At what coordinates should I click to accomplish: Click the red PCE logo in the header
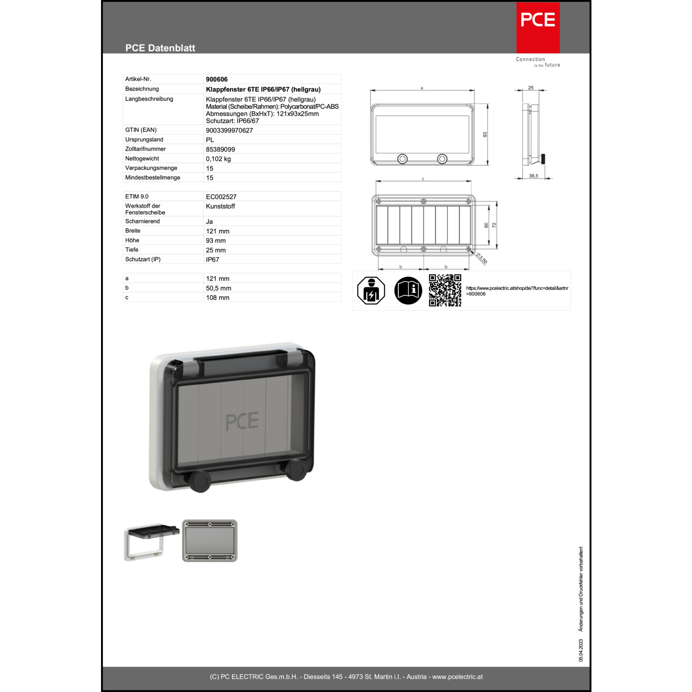(538, 28)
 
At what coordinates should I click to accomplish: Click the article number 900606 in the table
(217, 79)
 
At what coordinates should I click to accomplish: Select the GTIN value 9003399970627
(229, 131)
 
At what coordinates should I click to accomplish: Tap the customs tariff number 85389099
(221, 149)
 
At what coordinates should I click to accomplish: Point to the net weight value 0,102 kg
(218, 159)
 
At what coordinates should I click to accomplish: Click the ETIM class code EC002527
(221, 197)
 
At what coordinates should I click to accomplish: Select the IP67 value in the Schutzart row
(213, 260)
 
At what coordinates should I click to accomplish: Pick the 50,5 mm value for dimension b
(219, 288)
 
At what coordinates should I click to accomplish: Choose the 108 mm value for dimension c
(218, 298)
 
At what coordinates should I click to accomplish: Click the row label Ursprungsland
(144, 139)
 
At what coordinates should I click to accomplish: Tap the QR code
(445, 290)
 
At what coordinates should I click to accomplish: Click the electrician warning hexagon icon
(371, 290)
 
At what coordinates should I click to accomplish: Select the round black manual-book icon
(408, 290)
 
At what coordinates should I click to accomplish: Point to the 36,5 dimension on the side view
(534, 176)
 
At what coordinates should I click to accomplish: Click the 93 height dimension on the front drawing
(485, 134)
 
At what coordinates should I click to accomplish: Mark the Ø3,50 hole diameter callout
(482, 259)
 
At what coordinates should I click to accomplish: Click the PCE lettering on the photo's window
(242, 421)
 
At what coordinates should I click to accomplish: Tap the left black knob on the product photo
(200, 481)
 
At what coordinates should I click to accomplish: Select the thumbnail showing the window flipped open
(151, 542)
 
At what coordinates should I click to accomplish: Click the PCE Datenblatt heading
(160, 48)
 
